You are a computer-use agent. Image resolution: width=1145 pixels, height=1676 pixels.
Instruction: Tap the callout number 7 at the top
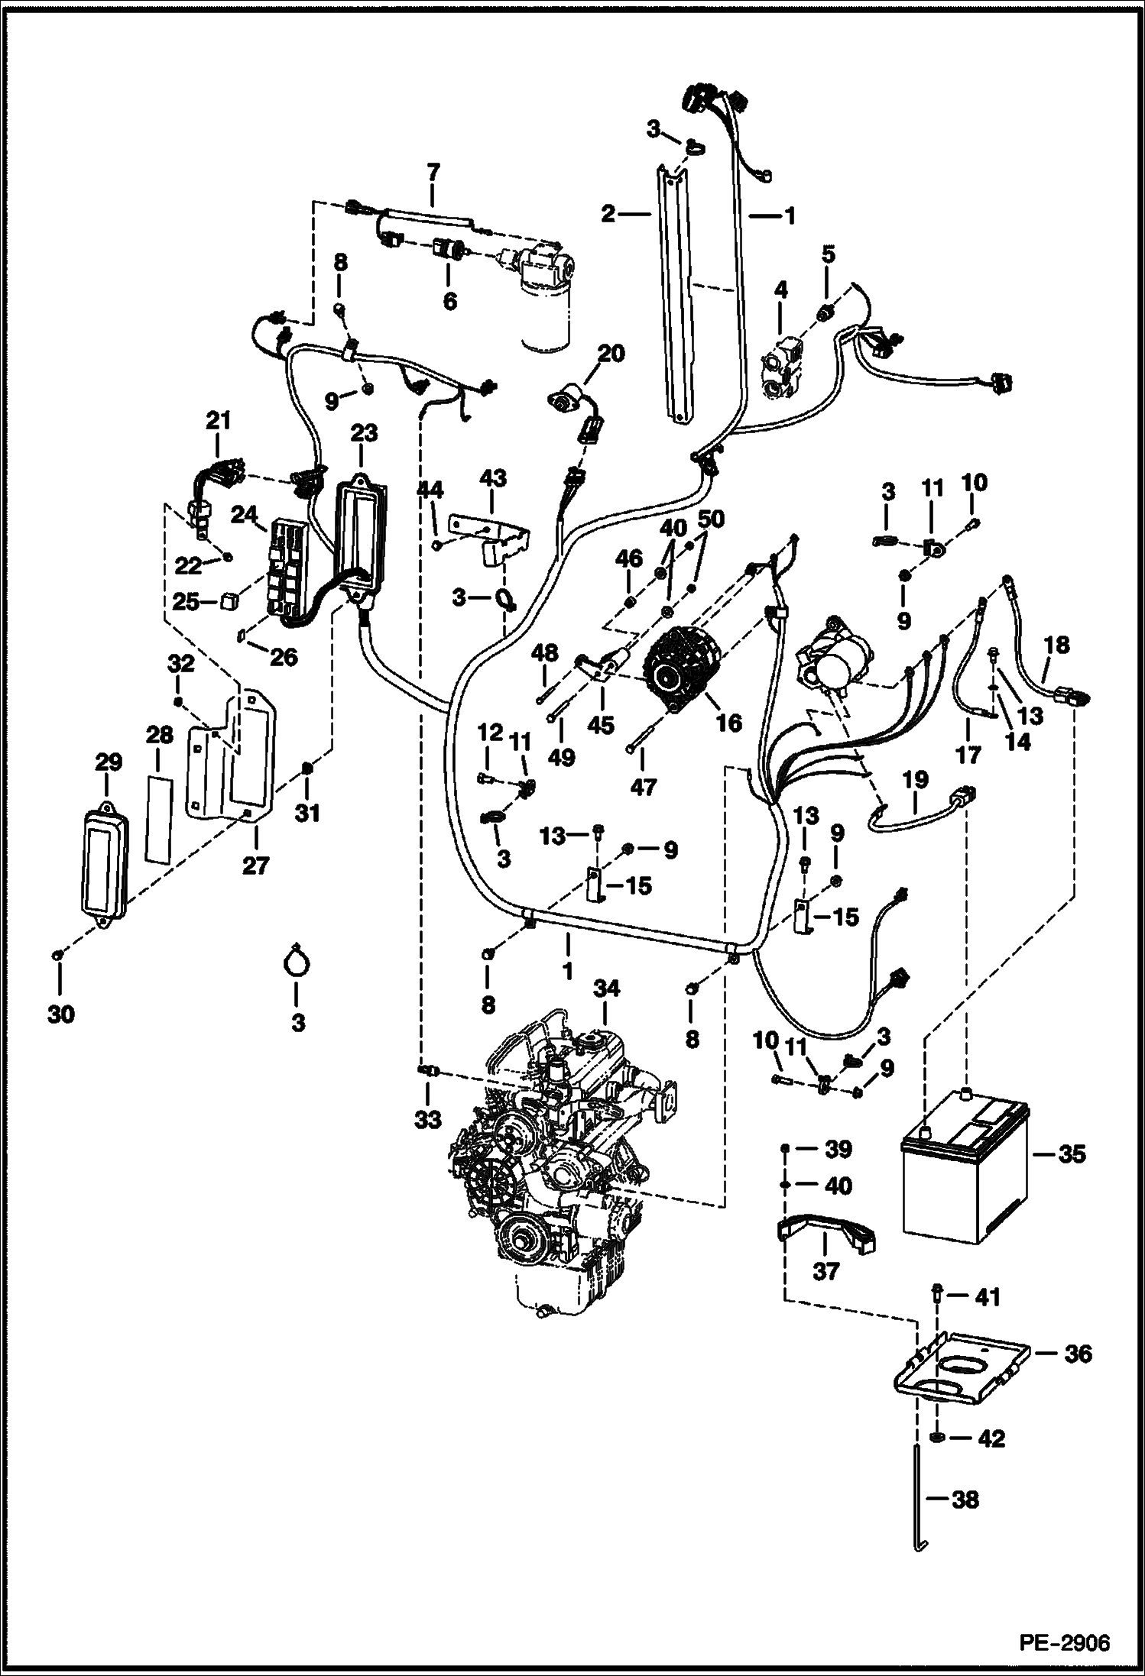(x=433, y=172)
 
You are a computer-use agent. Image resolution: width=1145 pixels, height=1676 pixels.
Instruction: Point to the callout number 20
(x=611, y=354)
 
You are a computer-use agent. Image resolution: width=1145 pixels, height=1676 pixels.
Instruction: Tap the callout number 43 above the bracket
(x=492, y=479)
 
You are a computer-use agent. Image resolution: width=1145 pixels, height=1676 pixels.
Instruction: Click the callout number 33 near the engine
(x=428, y=1120)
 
